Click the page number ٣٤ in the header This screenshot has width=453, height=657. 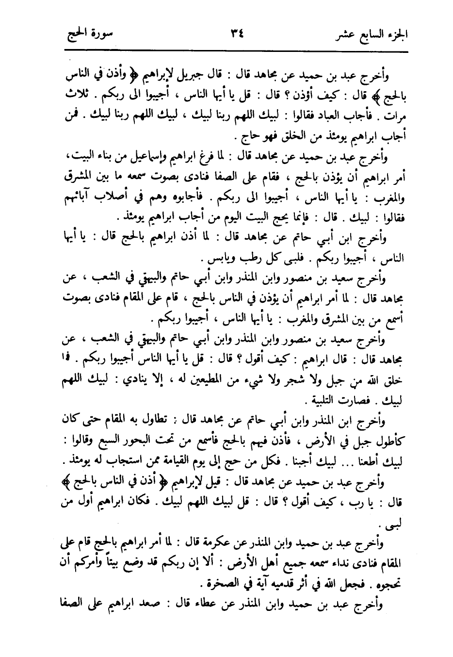pyautogui.click(x=237, y=34)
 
